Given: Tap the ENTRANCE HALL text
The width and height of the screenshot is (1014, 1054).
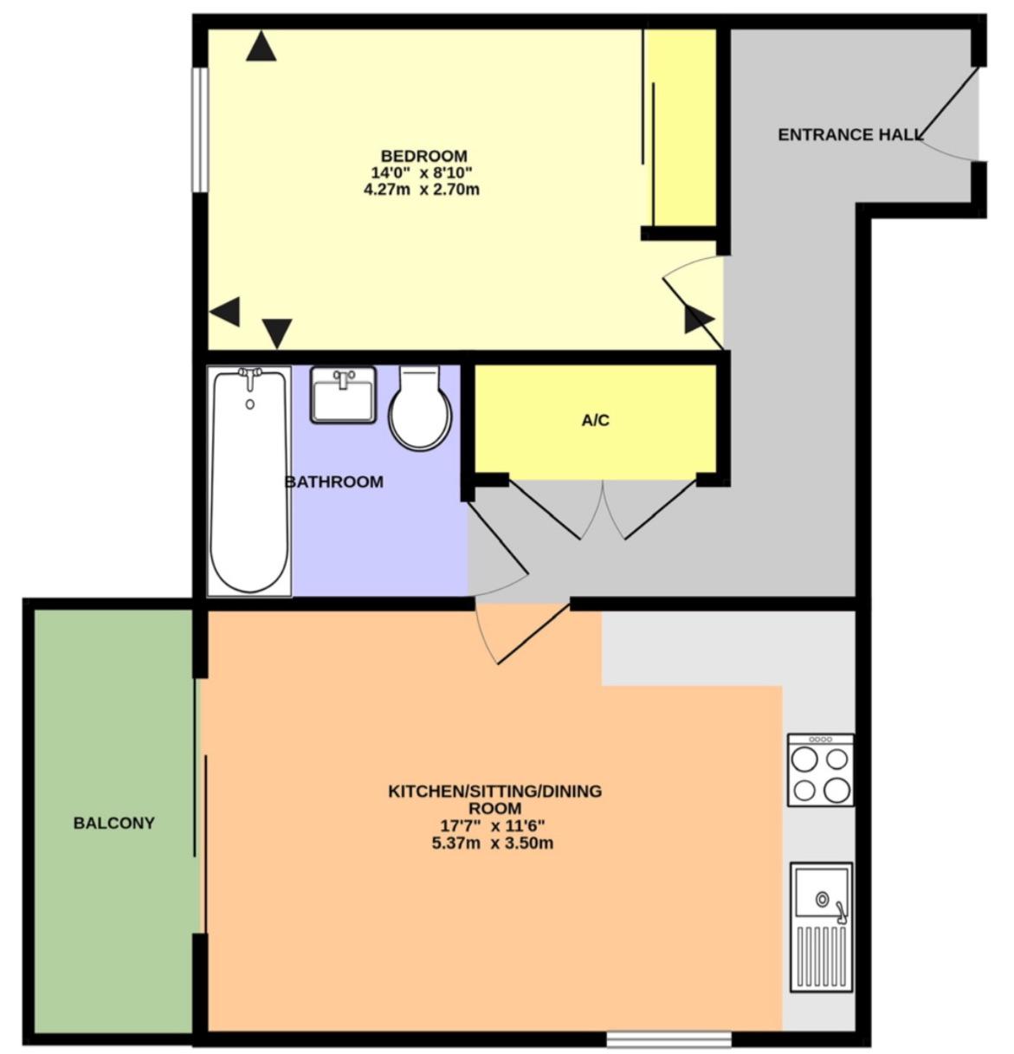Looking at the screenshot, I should (849, 135).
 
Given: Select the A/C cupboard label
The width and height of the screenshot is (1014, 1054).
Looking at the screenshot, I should (595, 421).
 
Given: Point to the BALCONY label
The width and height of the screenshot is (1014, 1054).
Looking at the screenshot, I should (113, 823).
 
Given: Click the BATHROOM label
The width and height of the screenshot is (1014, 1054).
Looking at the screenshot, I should (334, 482).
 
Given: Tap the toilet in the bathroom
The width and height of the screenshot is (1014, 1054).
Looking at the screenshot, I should (421, 407).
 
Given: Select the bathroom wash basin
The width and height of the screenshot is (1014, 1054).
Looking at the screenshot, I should (343, 395).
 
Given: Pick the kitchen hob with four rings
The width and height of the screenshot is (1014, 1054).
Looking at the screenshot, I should (820, 770).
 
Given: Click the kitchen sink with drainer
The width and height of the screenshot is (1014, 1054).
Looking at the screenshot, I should (821, 928).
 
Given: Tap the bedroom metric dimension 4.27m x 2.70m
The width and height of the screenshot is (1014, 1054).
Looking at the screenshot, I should (422, 189).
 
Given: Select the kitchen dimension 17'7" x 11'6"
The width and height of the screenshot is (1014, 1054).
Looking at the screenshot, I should (493, 825).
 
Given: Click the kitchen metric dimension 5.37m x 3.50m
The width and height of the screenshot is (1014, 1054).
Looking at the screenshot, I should (493, 842).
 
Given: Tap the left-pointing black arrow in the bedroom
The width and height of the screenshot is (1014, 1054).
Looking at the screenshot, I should (226, 312).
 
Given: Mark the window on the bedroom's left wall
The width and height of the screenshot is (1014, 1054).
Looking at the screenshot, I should (200, 129).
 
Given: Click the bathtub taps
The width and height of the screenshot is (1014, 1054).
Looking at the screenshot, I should (251, 377).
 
